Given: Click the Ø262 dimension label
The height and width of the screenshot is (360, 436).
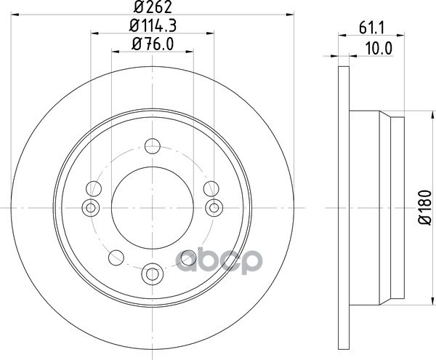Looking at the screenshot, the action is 153,7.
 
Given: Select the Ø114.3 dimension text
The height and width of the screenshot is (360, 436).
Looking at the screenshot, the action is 153,26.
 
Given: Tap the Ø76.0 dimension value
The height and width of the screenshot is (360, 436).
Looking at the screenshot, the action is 153,44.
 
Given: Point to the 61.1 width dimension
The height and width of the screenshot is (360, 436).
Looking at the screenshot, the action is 371,28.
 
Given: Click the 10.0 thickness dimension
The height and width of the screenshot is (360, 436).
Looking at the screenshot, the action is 379,49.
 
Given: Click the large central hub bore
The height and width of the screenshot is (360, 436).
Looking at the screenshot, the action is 153,208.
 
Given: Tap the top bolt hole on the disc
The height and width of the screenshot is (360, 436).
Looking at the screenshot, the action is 153,145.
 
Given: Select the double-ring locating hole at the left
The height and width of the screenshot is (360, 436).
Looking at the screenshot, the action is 90,207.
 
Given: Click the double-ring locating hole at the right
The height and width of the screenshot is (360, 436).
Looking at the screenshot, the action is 214,207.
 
